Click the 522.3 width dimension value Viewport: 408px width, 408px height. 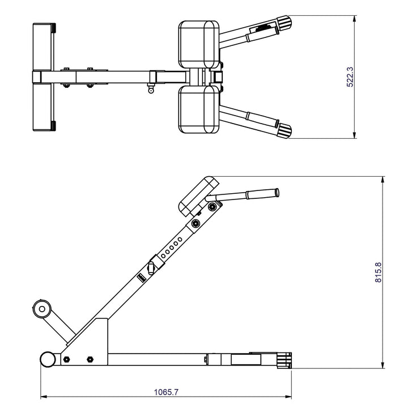350,76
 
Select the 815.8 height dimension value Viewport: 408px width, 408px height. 379,273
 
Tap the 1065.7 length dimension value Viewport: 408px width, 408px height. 166,392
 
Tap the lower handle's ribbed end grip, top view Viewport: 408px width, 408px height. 284,130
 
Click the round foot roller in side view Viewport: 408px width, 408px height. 41,309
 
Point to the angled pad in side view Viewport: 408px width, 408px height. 198,196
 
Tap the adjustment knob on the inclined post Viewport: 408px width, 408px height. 152,267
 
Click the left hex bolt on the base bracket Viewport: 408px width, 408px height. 67,359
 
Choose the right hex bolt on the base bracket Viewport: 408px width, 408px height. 90,359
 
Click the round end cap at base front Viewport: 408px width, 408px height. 47,359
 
